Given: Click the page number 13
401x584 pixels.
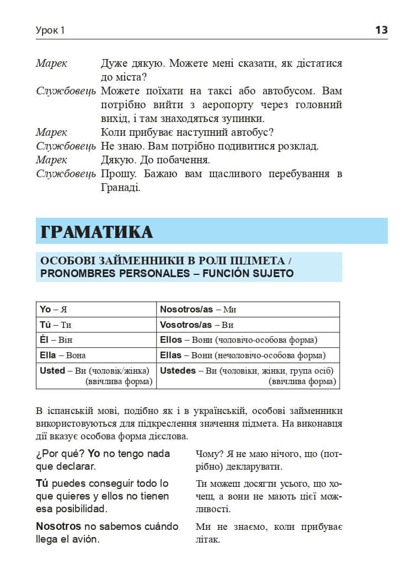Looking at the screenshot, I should coord(381,30).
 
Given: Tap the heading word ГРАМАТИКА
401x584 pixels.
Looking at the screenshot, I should coord(97,232).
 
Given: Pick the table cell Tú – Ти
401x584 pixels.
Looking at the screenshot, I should coord(56,325).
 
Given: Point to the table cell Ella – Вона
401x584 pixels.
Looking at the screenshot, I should coord(63,355).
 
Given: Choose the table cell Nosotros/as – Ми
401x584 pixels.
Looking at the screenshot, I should coord(198,309).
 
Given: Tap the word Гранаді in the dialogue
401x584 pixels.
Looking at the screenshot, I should coord(121,188).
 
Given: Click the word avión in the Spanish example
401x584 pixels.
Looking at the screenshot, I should coord(85,539).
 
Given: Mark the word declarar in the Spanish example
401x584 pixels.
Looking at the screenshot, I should coord(77,467).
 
